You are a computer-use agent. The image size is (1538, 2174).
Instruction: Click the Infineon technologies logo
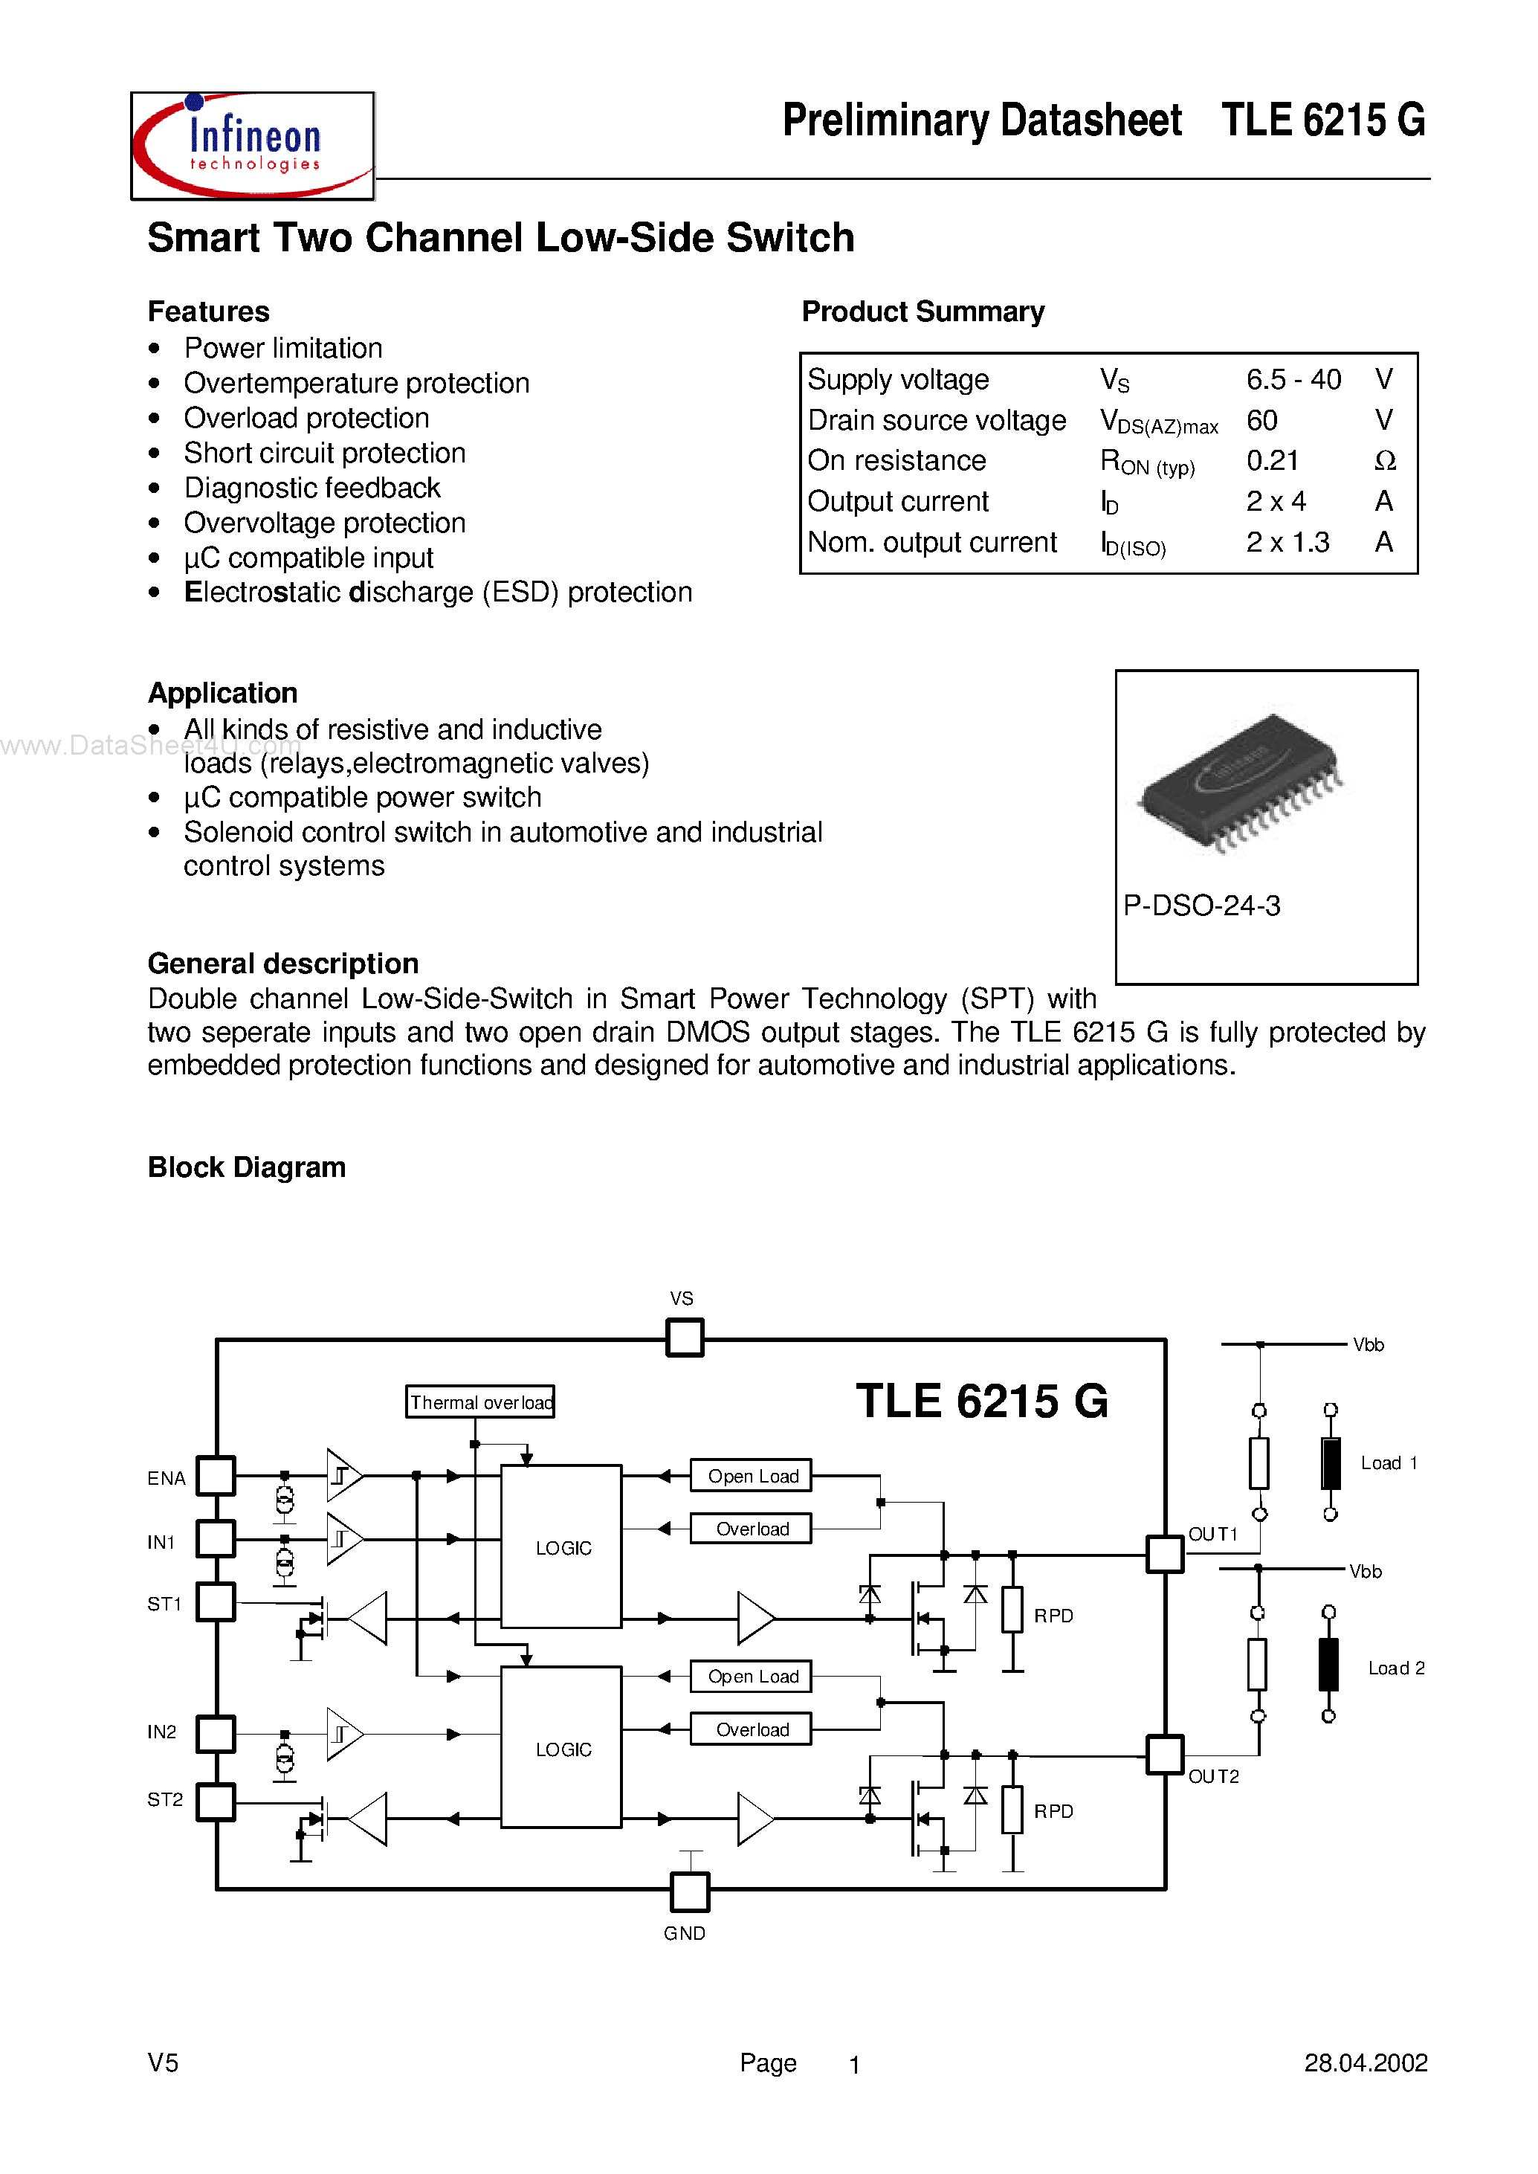(x=252, y=145)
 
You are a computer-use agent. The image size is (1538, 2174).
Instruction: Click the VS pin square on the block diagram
(x=685, y=1338)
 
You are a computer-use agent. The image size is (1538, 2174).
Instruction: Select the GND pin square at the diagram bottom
(x=689, y=1891)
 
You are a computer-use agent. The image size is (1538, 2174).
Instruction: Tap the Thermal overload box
(x=480, y=1401)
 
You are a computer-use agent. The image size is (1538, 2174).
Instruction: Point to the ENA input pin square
(x=216, y=1475)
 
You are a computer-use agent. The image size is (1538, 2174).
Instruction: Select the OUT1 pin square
(x=1165, y=1553)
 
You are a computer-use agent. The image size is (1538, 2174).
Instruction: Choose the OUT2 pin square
(x=1165, y=1755)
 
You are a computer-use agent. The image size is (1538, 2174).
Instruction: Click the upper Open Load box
(x=751, y=1476)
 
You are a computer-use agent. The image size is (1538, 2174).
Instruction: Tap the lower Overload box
(x=751, y=1729)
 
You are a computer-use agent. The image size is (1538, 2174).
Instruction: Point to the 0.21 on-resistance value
(x=1272, y=460)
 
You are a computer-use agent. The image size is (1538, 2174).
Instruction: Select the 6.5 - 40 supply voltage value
(x=1293, y=380)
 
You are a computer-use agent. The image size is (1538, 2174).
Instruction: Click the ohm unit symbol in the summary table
(x=1385, y=461)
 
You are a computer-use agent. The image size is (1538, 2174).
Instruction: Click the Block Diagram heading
(x=248, y=1167)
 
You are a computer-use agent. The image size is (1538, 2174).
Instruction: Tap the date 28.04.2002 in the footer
(x=1365, y=2062)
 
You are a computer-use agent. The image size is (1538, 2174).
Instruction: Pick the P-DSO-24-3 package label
(x=1201, y=906)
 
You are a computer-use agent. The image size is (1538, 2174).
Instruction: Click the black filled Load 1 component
(x=1331, y=1462)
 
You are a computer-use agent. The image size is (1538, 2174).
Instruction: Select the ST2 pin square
(x=216, y=1802)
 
